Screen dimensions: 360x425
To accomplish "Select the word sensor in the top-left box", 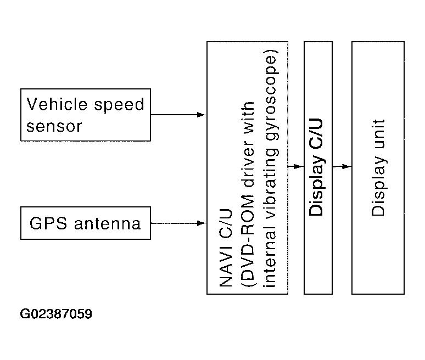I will (x=54, y=126).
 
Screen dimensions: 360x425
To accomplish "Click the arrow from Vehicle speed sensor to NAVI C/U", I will (x=178, y=115).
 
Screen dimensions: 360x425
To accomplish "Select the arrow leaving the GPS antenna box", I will (x=178, y=223).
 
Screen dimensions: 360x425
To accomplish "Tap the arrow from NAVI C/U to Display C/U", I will (x=295, y=166).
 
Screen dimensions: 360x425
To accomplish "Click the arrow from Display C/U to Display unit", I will (x=342, y=166).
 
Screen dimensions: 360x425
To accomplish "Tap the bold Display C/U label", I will (x=317, y=167).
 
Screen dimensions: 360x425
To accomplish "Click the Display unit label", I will (x=378, y=167).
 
